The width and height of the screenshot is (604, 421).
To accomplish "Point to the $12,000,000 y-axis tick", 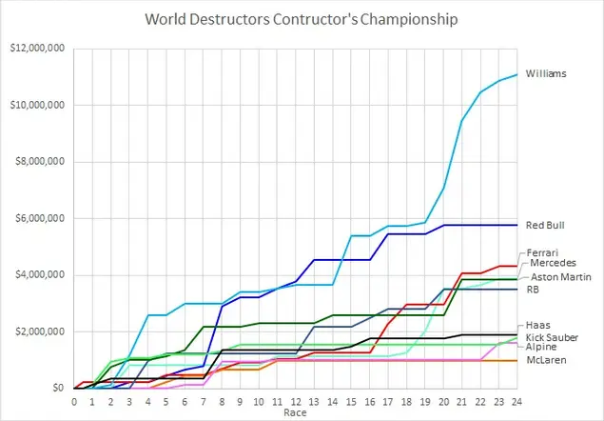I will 39,48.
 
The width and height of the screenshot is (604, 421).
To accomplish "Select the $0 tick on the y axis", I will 58,389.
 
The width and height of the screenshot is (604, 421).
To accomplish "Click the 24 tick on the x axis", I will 516,401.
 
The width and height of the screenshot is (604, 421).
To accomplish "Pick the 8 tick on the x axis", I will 222,401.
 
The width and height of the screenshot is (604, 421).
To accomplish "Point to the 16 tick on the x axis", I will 369,401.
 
